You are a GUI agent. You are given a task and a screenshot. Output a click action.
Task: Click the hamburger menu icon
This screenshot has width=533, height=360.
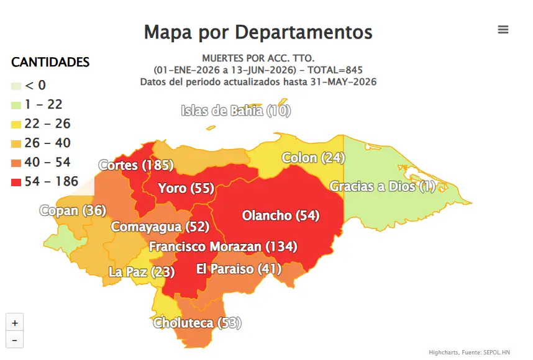coord(503,30)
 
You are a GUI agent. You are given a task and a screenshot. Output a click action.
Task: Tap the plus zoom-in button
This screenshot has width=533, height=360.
coord(15,322)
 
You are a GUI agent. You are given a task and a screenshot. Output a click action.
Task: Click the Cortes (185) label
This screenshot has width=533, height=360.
coord(136,165)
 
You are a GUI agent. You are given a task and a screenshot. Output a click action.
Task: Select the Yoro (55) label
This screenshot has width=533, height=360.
coord(186,188)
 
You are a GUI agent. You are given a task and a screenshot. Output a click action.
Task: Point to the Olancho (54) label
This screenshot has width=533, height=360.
coord(281,215)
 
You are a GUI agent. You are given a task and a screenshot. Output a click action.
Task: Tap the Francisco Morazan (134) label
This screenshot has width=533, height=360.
coord(223,246)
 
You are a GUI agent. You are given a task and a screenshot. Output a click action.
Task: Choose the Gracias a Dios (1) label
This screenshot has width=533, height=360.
coord(383,186)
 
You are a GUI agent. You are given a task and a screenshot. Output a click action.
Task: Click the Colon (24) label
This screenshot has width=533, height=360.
coord(314,158)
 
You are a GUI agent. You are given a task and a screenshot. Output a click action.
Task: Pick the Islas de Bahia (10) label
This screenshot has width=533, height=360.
coord(236,110)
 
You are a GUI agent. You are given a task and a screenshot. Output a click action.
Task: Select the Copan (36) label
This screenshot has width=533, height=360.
coord(73,210)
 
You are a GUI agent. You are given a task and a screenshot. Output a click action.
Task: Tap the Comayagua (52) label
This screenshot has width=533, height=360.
coord(160,227)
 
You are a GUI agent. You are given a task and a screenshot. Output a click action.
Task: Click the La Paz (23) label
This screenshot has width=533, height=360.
coord(142,272)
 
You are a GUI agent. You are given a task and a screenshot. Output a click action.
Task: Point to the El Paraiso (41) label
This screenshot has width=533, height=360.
coord(239,269)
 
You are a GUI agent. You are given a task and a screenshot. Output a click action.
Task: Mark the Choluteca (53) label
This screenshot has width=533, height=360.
coord(197,323)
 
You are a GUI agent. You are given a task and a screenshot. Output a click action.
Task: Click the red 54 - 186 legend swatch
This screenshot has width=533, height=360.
coord(16,182)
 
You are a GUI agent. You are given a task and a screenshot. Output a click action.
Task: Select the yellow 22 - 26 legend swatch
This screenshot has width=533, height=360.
coord(16,124)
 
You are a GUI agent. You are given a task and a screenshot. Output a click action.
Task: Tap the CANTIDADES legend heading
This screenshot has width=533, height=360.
coord(50,62)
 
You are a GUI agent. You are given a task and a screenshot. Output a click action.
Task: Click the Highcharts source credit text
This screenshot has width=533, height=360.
coord(469,353)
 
